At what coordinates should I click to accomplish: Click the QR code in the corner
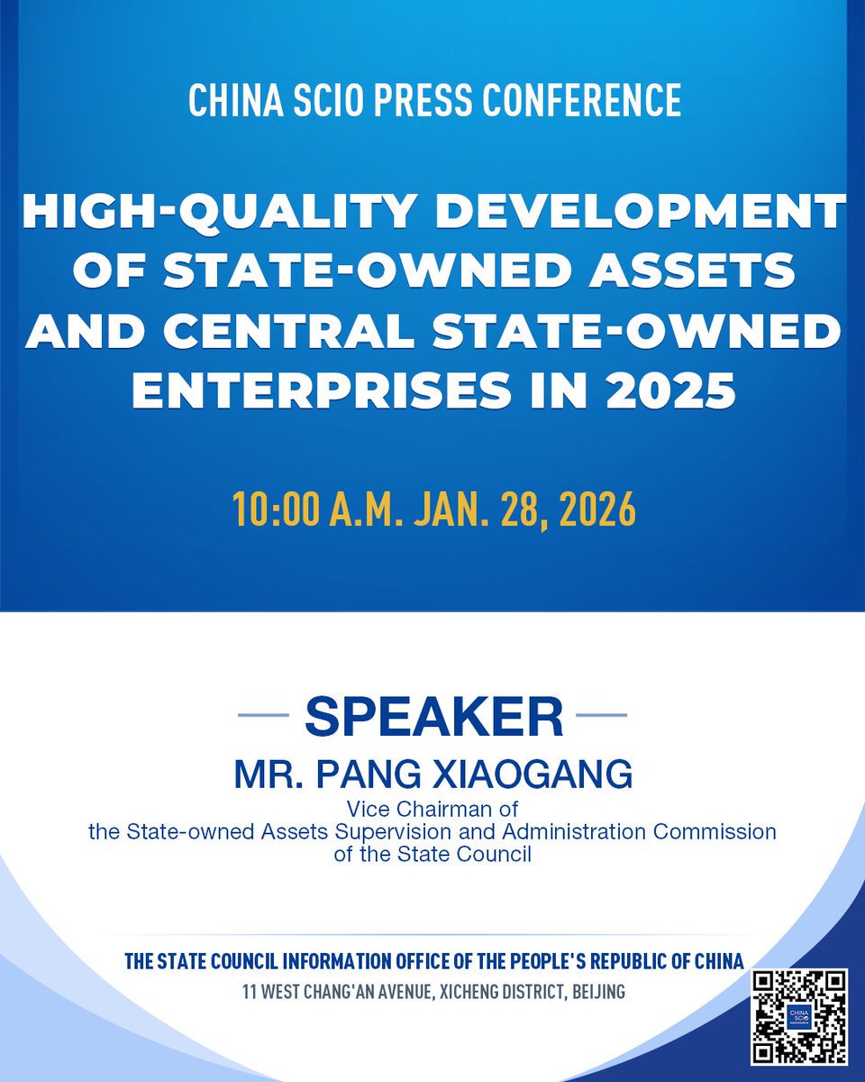pos(799,1017)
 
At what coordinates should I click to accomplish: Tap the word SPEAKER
pos(433,718)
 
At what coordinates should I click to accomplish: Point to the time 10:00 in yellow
pos(269,510)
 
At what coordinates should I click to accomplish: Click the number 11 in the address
pos(250,992)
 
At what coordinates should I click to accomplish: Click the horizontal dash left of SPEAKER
pos(263,717)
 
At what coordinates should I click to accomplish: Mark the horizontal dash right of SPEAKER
pos(601,717)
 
